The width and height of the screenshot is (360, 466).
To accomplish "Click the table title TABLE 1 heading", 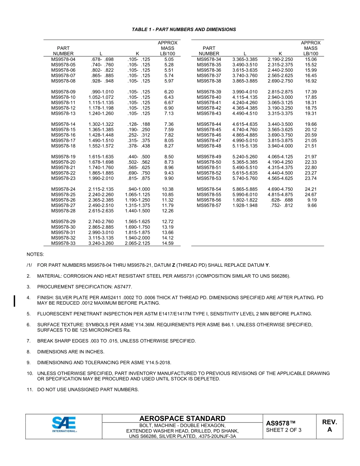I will point(184,30).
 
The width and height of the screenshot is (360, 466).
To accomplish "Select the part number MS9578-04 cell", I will point(63,59).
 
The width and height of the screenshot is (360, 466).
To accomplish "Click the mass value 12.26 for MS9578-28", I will point(167,211).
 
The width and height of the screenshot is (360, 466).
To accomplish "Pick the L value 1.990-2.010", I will point(101,178).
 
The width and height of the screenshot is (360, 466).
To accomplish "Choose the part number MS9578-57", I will point(209,205).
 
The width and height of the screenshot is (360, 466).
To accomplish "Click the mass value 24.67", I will point(311,195).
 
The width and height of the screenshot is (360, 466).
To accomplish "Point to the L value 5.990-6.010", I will point(245,195).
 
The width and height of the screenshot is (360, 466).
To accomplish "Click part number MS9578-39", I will point(209,92).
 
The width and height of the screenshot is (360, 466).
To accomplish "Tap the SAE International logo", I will point(64,425).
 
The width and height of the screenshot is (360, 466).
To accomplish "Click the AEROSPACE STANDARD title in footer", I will point(182,419).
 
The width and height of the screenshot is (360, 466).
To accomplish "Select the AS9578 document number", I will point(280,423).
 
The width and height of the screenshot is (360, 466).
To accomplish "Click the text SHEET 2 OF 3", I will point(283,430).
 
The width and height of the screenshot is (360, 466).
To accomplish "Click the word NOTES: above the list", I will point(35,254).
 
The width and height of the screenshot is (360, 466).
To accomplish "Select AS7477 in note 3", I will point(123,287).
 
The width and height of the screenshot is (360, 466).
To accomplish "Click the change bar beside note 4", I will point(14,300).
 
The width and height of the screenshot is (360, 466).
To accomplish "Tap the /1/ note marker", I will point(29,265).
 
